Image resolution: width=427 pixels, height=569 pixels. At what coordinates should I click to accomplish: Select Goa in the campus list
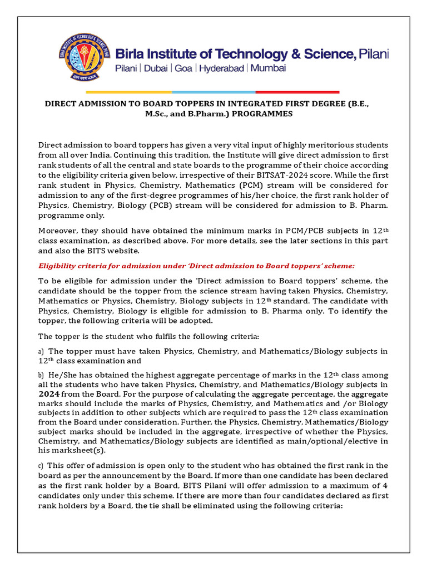pyautogui.click(x=184, y=68)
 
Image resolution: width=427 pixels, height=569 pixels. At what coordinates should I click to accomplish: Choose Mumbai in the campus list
pyautogui.click(x=268, y=68)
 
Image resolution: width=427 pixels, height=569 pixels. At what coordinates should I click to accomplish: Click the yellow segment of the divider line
pyautogui.click(x=128, y=92)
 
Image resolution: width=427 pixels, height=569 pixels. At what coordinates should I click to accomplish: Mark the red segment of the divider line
pyautogui.click(x=297, y=92)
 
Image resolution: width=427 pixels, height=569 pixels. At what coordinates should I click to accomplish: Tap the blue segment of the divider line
pyautogui.click(x=213, y=92)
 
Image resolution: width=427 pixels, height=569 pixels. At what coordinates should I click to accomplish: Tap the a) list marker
pyautogui.click(x=41, y=351)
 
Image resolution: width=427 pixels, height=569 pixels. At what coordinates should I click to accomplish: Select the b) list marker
pyautogui.click(x=41, y=375)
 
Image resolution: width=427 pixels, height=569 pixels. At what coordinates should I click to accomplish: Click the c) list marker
pyautogui.click(x=41, y=465)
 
